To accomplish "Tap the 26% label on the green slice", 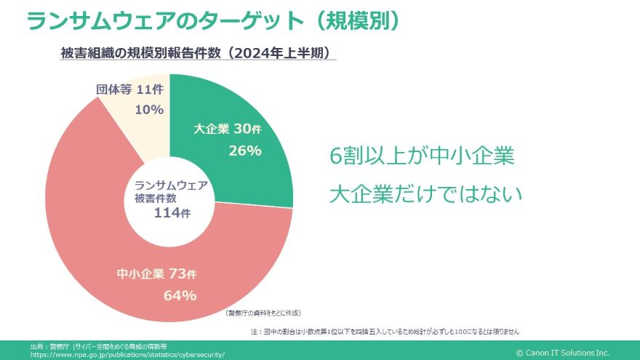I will click(244, 151).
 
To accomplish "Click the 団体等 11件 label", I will click(130, 90).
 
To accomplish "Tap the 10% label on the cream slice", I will click(149, 110).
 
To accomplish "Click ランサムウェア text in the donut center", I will click(171, 185).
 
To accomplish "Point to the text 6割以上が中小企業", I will click(422, 156).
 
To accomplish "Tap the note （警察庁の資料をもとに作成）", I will click(263, 313).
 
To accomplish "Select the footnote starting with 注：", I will click(385, 332).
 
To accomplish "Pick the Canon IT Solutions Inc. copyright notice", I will click(562, 353).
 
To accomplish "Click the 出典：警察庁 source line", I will click(99, 346).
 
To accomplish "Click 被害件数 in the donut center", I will click(155, 199).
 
